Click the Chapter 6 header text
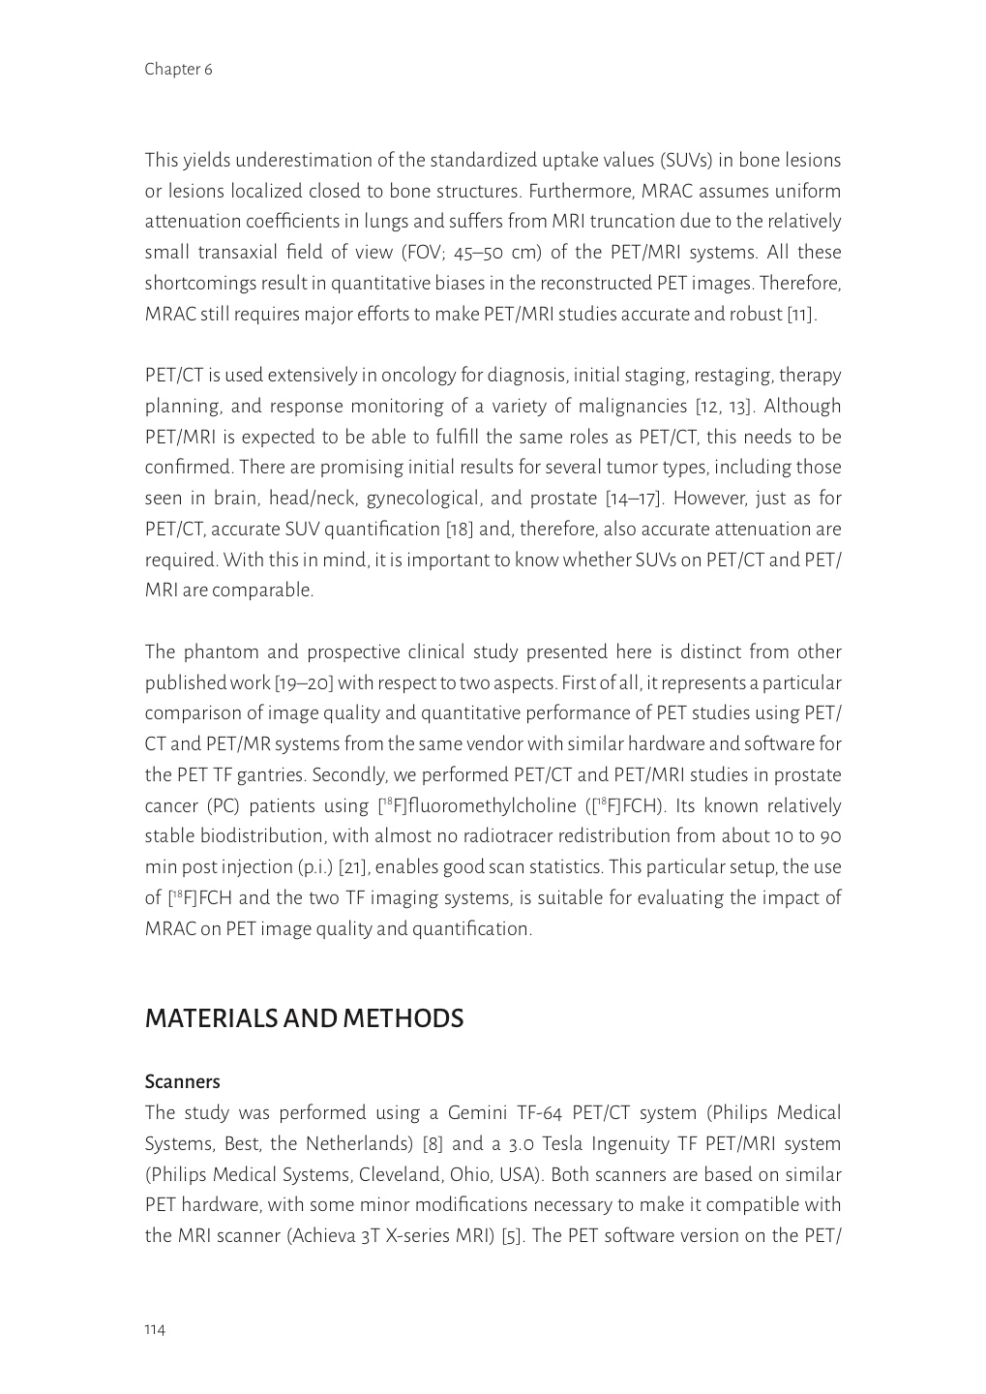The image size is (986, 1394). pos(178,70)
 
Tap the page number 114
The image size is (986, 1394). pos(155,1330)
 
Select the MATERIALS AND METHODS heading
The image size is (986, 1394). pos(304,1018)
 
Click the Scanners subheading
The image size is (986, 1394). pos(183,1081)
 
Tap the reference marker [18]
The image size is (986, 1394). pos(461,530)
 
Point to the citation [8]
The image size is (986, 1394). pos(433,1144)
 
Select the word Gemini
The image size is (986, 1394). pos(480,1113)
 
